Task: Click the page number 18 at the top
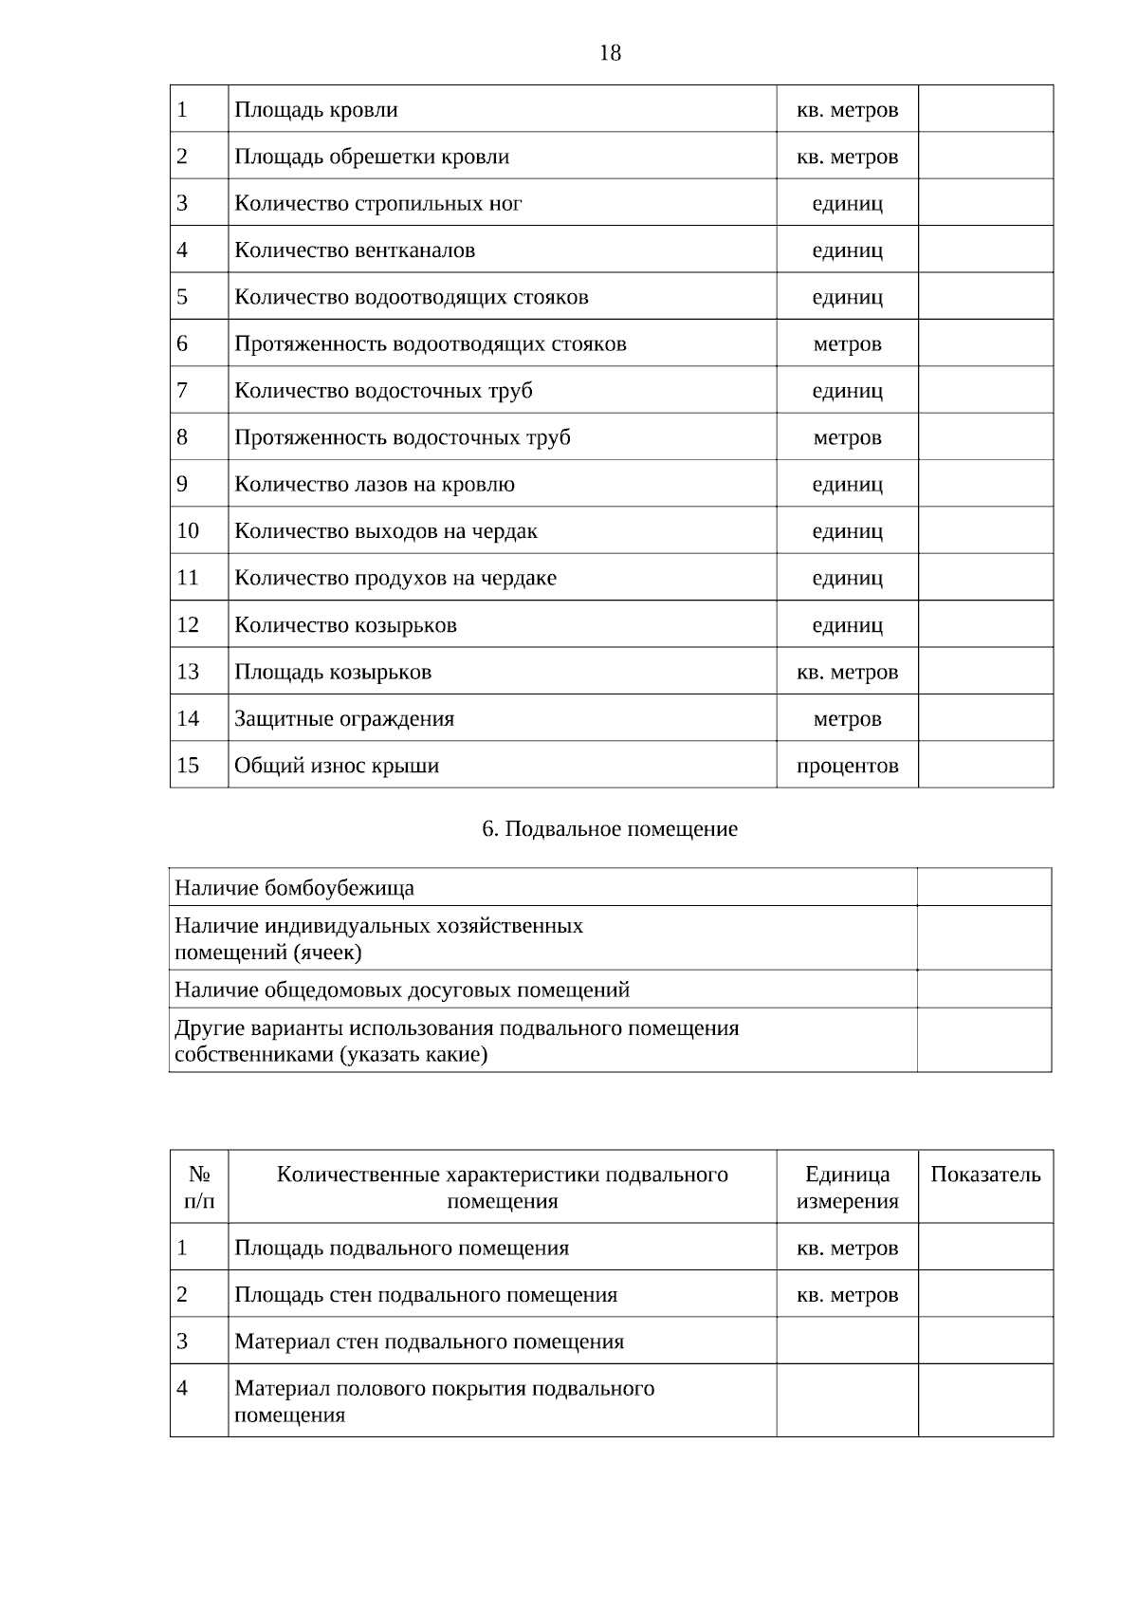click(x=610, y=53)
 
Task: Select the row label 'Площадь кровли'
click(x=316, y=110)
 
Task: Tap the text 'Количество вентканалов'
click(x=355, y=250)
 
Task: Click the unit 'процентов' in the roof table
click(x=847, y=766)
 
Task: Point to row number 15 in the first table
click(x=188, y=766)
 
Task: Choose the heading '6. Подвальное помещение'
click(x=610, y=829)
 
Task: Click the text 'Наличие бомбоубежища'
click(x=294, y=888)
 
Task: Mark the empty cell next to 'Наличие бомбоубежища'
click(x=983, y=888)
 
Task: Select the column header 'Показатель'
click(x=985, y=1175)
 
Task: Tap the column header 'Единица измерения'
click(x=847, y=1188)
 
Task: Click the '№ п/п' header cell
click(x=199, y=1188)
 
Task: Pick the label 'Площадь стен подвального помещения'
click(x=426, y=1295)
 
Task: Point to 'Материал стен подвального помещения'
click(x=429, y=1342)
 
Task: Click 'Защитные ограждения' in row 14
click(x=344, y=719)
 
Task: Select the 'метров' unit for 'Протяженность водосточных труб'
click(x=847, y=438)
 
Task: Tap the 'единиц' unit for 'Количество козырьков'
click(x=847, y=625)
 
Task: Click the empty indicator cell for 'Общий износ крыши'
click(x=985, y=766)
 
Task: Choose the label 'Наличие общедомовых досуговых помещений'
click(x=402, y=990)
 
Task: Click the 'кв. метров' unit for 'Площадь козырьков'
click(x=847, y=673)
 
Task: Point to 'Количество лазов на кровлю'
click(x=375, y=485)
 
